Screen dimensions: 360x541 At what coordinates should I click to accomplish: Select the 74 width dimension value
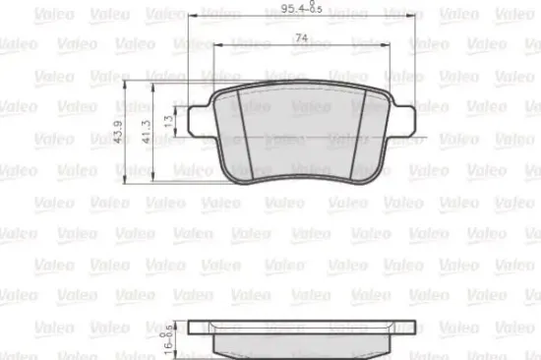[x=299, y=39]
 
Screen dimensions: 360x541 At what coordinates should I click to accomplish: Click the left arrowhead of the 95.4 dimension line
[x=189, y=18]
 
